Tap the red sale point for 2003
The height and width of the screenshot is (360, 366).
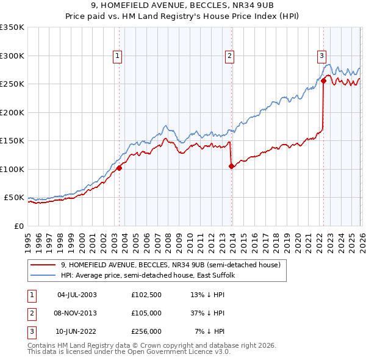pyautogui.click(x=119, y=168)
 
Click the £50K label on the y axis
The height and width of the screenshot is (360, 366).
pyautogui.click(x=14, y=198)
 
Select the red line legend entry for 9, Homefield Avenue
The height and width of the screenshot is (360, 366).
pyautogui.click(x=170, y=265)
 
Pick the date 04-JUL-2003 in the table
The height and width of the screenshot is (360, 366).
pyautogui.click(x=76, y=295)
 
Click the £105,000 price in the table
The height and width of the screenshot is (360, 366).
pyautogui.click(x=146, y=314)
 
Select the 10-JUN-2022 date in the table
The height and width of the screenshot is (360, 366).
pyautogui.click(x=76, y=333)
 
